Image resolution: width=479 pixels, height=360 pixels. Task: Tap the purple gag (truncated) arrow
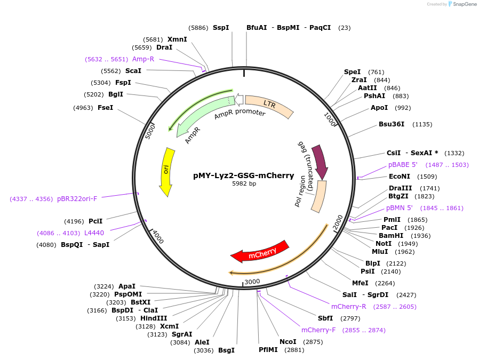coord(320,161)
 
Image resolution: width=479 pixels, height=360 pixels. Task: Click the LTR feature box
coord(269,105)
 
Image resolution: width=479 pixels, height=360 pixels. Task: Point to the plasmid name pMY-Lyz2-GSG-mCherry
coord(243,175)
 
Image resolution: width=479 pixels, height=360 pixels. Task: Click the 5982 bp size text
coord(244,183)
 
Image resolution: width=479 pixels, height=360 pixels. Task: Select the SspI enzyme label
coord(221,27)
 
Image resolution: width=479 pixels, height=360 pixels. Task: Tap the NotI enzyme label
coord(384,243)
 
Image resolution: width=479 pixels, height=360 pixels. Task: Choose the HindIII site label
coord(154,318)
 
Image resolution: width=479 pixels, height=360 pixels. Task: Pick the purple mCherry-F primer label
coord(318,330)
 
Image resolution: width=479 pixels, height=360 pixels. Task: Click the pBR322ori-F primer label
coord(77,199)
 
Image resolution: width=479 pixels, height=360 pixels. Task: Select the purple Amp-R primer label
coord(143,59)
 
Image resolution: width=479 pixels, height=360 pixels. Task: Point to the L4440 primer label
coord(94,233)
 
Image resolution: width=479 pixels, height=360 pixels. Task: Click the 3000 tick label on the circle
coord(252,281)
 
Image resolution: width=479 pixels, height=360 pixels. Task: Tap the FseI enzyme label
coord(105,108)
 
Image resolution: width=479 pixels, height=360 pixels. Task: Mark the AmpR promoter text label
coord(239,114)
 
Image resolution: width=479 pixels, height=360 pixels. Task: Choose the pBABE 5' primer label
coord(403,165)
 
